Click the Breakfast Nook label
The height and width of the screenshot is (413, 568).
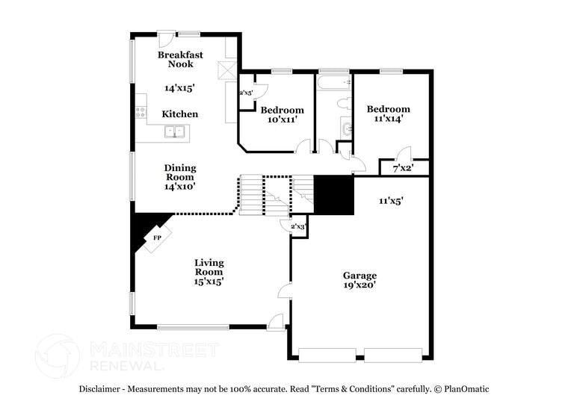(x=180, y=59)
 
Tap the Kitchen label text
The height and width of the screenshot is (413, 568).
(x=180, y=114)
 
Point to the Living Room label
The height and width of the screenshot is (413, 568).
(x=209, y=267)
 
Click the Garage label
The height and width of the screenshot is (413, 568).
(x=359, y=276)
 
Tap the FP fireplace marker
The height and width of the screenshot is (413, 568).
(x=157, y=237)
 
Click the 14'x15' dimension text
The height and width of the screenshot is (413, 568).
(x=179, y=88)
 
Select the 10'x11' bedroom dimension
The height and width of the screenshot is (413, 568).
(x=283, y=119)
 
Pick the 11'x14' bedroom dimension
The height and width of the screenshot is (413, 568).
(x=388, y=119)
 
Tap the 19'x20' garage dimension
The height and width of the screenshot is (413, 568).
(x=359, y=285)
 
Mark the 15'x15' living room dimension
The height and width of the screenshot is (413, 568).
(x=209, y=282)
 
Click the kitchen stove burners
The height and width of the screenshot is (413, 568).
(x=140, y=113)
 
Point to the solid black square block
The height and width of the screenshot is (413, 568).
(x=333, y=195)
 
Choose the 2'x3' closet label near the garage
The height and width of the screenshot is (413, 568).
(x=297, y=226)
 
